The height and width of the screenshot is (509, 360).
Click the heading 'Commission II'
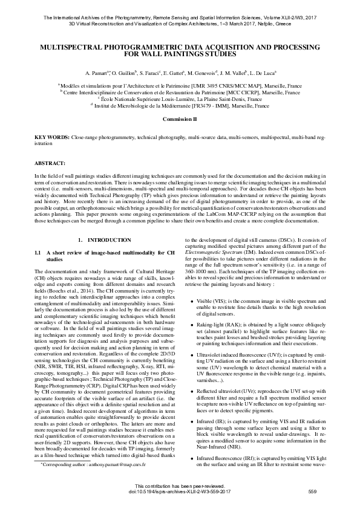coord(180,120)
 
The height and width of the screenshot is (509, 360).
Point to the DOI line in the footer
coord(180,491)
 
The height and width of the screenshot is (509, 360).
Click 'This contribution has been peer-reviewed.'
coord(180,486)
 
